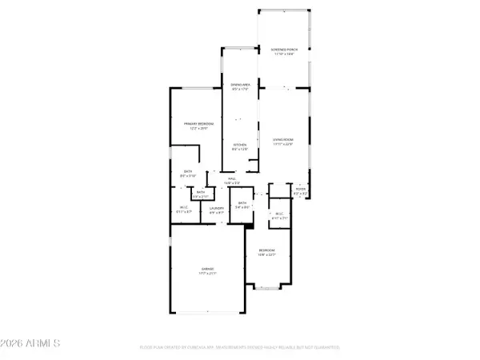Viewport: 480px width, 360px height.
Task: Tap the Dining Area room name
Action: [x=240, y=84]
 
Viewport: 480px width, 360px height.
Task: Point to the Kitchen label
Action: [x=240, y=145]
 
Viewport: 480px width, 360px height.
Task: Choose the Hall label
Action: [x=232, y=178]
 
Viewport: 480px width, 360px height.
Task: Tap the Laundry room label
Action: [x=217, y=209]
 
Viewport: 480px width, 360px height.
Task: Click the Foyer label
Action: [x=300, y=190]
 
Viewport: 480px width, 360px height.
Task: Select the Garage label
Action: [x=207, y=268]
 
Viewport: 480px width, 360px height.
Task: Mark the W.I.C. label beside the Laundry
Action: [x=182, y=209]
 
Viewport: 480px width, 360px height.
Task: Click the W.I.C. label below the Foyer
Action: [x=280, y=213]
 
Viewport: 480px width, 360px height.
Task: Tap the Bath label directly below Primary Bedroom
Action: [x=188, y=172]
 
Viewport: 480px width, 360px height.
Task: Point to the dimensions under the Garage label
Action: [x=207, y=274]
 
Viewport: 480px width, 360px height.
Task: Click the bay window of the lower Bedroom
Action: [x=266, y=287]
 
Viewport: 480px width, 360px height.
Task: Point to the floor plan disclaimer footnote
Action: [x=240, y=347]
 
